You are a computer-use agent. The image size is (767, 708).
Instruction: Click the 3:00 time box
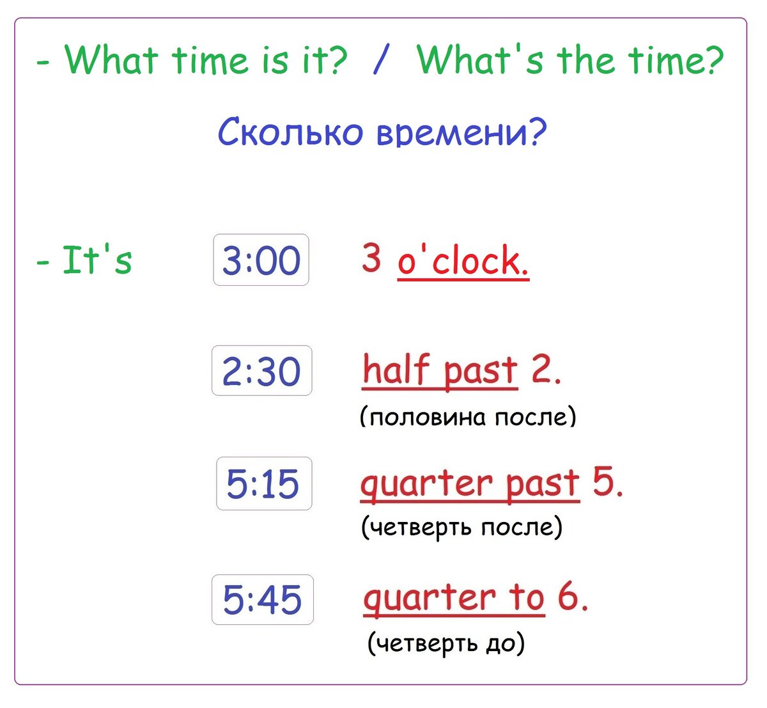point(261,260)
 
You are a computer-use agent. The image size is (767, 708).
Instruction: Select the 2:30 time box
point(262,370)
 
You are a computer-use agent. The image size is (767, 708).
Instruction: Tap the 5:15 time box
point(264,484)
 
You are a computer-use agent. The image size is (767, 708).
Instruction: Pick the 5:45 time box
point(263,599)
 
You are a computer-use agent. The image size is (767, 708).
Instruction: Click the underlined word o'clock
point(463,260)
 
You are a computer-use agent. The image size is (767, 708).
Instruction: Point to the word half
point(396,369)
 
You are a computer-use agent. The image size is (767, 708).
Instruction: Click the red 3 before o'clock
point(371,257)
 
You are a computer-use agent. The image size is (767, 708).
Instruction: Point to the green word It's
point(97,260)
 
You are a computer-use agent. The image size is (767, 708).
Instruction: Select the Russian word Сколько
point(290,131)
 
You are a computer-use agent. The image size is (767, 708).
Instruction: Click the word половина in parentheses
point(428,418)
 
